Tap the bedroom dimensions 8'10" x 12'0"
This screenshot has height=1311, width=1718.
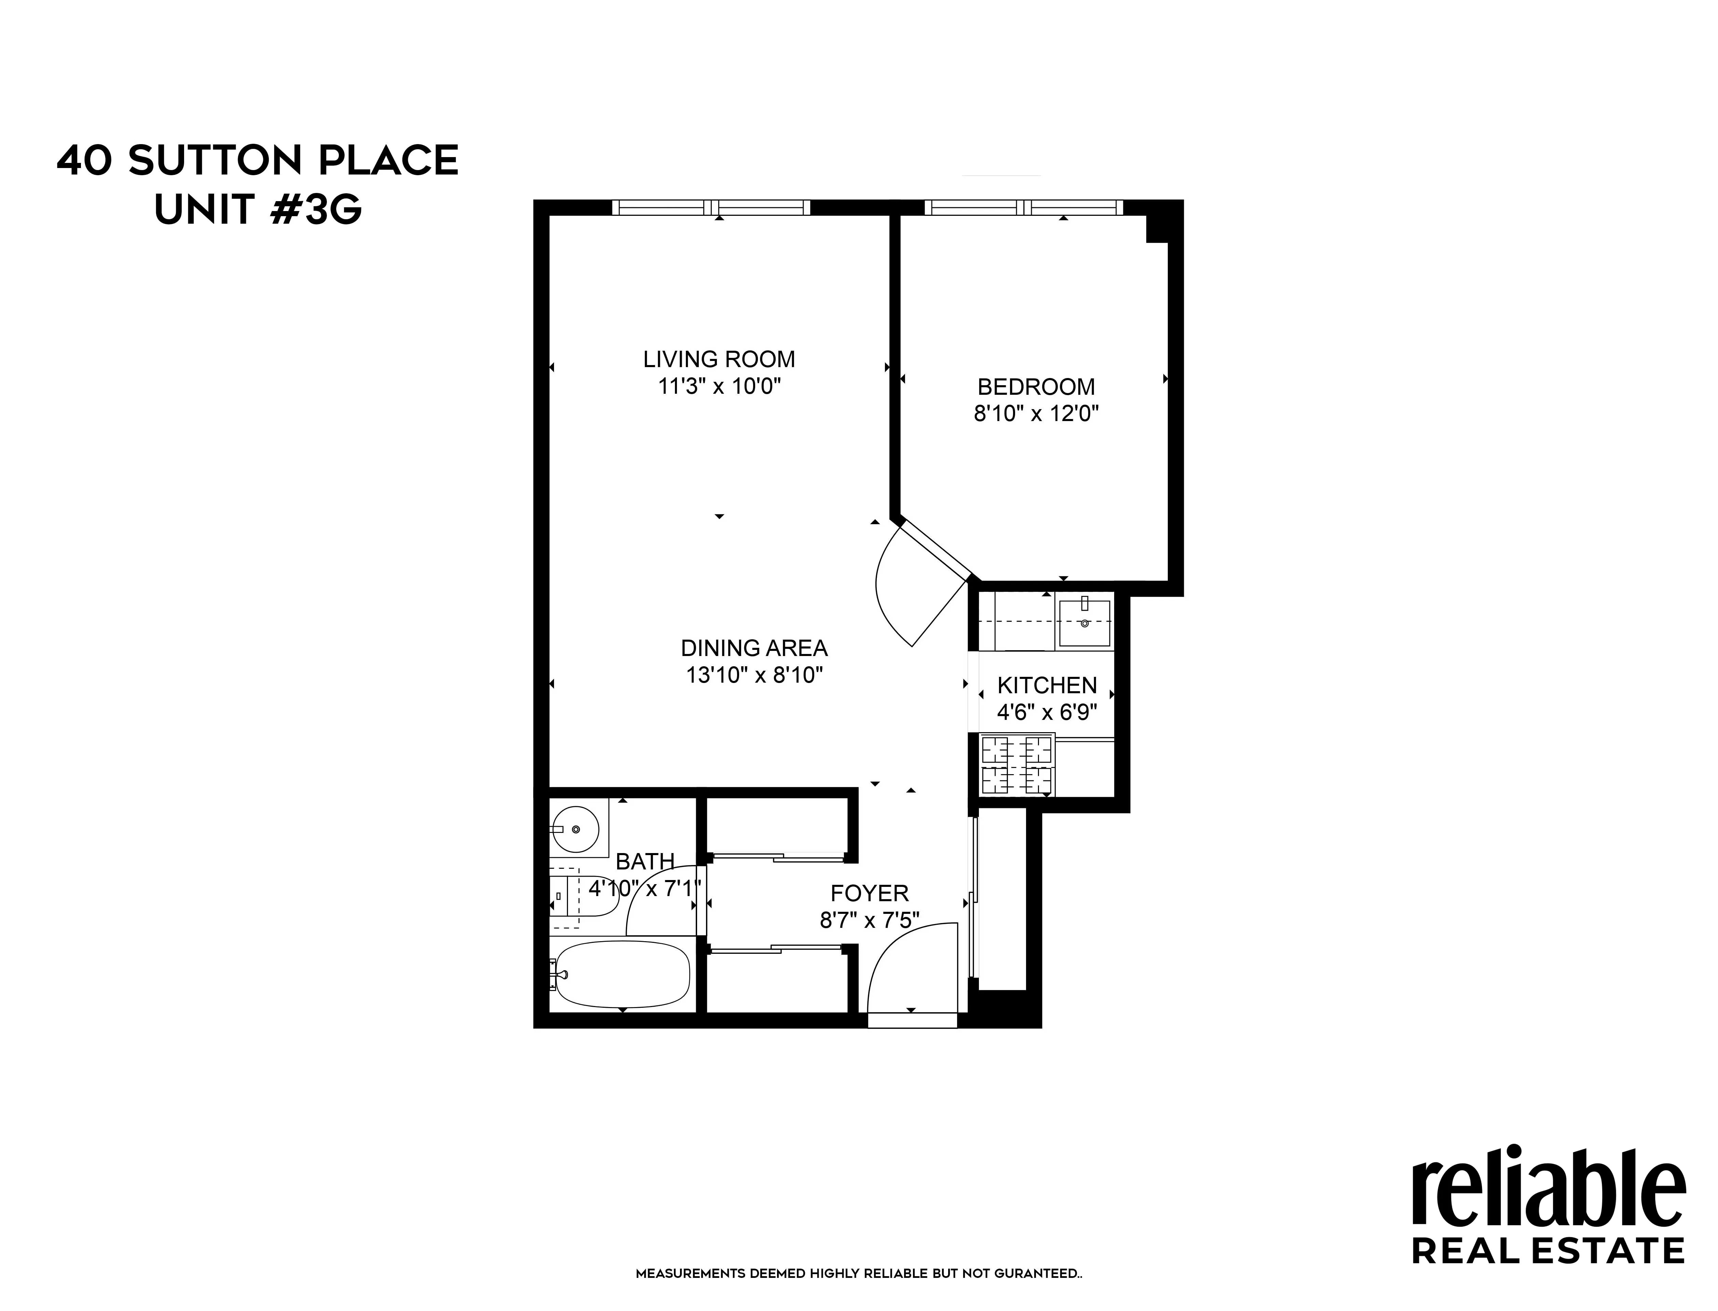click(1036, 413)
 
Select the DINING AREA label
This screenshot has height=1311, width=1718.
click(754, 648)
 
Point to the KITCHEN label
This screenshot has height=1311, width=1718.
click(1047, 685)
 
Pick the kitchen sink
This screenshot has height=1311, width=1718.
click(1084, 623)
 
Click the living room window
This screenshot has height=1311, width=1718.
click(711, 208)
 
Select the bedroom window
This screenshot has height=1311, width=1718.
click(1023, 208)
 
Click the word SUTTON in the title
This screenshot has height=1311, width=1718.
click(214, 161)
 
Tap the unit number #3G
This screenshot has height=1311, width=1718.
click(316, 209)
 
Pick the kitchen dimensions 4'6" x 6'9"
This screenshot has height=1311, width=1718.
click(1047, 712)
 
